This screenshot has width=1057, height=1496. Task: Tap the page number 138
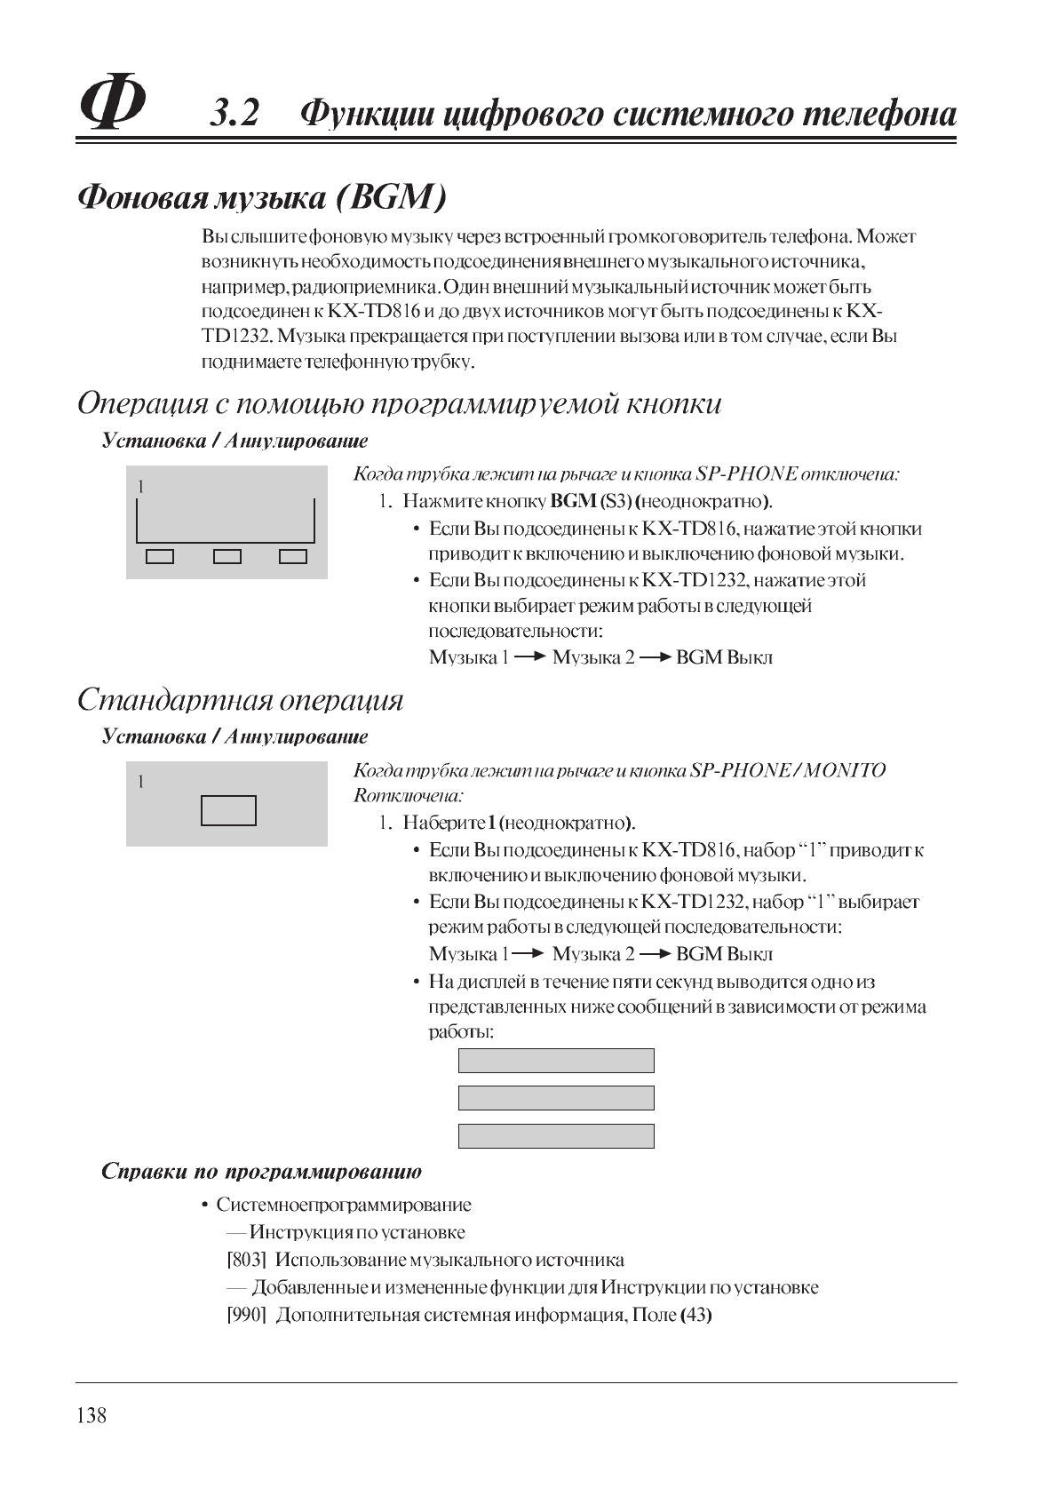91,1415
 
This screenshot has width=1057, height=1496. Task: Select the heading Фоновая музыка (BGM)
262,197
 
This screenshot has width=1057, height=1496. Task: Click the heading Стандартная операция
240,700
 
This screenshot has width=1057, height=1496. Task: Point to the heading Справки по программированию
261,1171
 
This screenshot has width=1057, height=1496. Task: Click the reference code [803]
247,1260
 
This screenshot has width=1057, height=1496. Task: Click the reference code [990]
247,1315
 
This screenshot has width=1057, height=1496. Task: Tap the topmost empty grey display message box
556,1061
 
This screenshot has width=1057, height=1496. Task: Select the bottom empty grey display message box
556,1135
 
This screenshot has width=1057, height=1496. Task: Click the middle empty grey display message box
556,1098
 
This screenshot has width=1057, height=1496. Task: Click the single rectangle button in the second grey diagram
228,810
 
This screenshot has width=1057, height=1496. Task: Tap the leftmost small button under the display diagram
160,557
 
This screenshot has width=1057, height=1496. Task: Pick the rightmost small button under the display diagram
293,557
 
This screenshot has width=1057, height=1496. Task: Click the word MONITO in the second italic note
845,770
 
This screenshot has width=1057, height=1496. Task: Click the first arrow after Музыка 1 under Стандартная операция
528,953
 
